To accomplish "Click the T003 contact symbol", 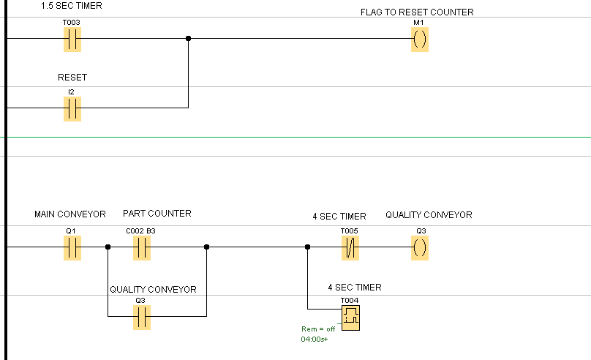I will pos(72,40).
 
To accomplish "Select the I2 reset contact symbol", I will pos(72,109).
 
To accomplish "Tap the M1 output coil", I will pos(419,40).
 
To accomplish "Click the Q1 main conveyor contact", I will pos(72,248).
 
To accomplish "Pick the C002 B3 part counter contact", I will pos(141,248).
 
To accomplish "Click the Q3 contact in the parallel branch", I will pos(141,318).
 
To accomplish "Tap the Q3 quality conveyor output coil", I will pos(420,248).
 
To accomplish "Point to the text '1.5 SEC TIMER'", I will pos(72,6).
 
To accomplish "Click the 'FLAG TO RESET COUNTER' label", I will pos(417,12).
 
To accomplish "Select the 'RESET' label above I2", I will pos(72,78).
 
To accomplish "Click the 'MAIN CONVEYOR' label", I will pos(70,214).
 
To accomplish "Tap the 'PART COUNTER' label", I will pos(157,214).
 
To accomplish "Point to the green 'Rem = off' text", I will pos(318,329).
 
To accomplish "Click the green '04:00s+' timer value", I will pos(315,340).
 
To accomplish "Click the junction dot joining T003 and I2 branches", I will pos(189,39).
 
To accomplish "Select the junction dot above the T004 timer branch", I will pos(307,247).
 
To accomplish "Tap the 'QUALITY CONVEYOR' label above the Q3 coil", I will pos(429,214).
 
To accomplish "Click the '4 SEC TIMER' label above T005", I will pos(339,217).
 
